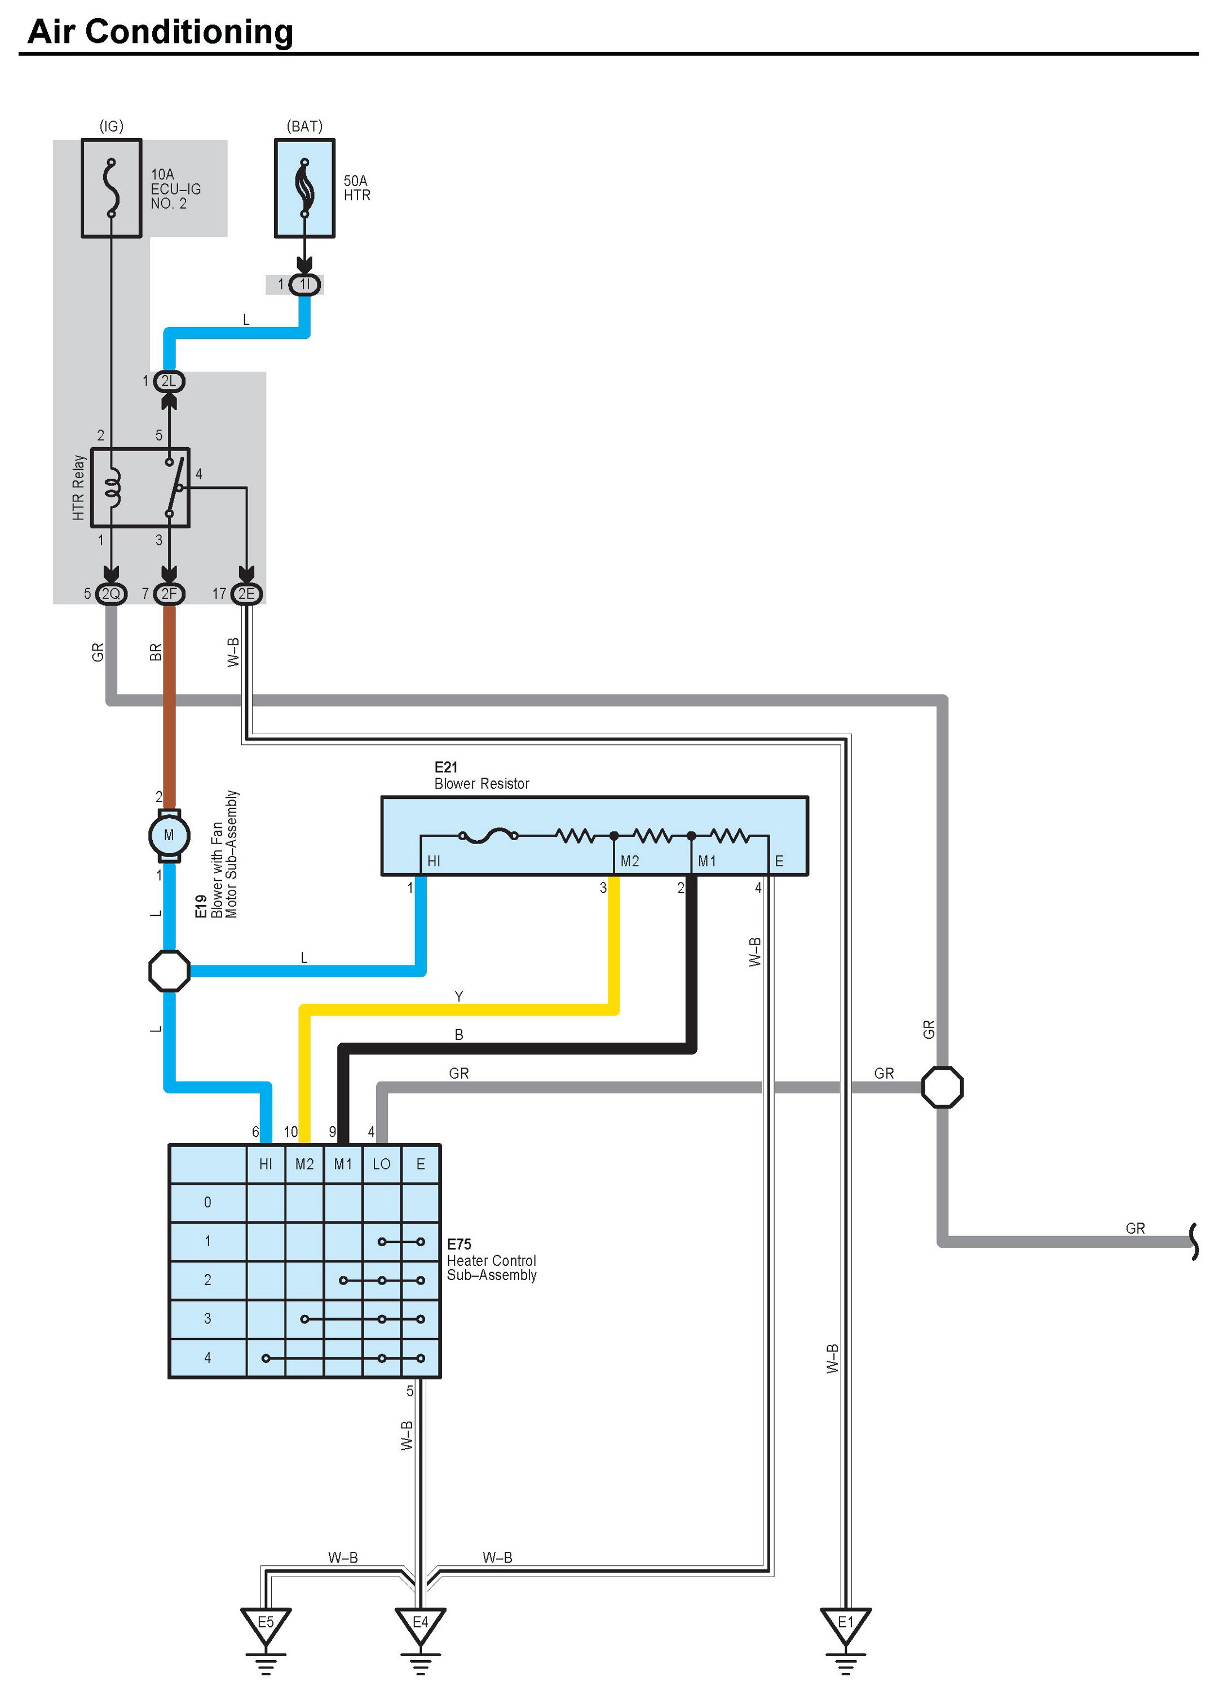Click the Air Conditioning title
(160, 32)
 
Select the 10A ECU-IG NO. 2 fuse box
(111, 188)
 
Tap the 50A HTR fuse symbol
(304, 188)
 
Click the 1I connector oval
(304, 285)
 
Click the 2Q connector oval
(111, 594)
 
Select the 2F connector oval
(169, 594)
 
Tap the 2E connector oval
(246, 594)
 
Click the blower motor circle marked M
(169, 835)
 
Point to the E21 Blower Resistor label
(482, 776)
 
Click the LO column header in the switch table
(382, 1164)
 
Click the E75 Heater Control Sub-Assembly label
(491, 1259)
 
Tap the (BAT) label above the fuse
(304, 126)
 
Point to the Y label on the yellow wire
(459, 996)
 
